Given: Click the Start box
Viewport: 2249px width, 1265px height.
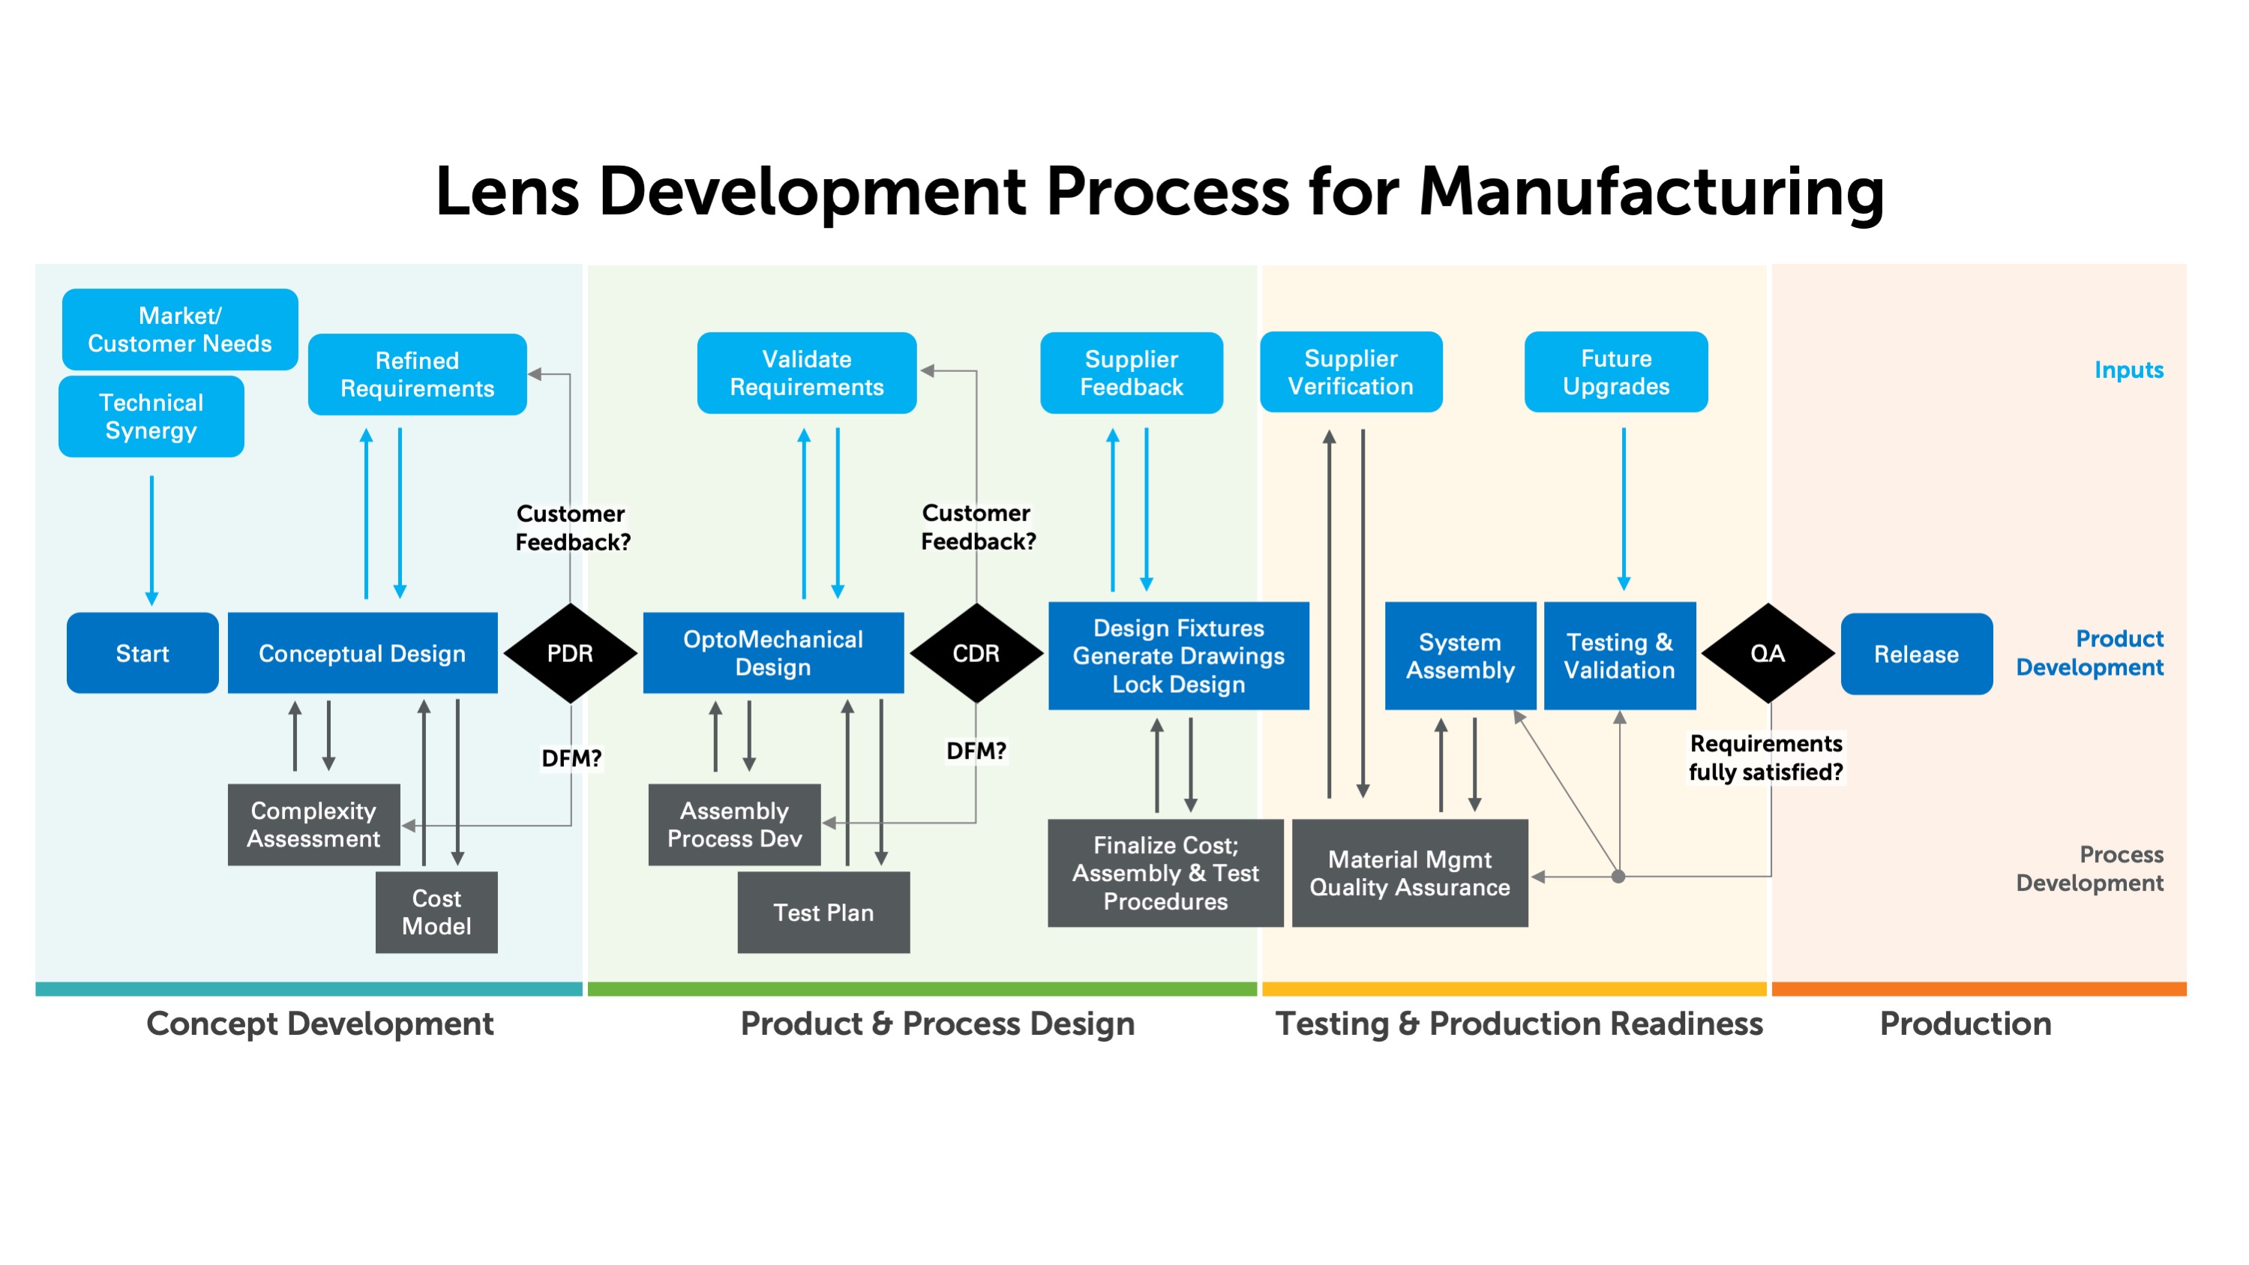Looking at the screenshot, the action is (142, 653).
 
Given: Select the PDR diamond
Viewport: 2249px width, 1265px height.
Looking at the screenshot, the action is (570, 653).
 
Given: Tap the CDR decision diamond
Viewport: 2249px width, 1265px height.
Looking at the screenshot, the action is (976, 653).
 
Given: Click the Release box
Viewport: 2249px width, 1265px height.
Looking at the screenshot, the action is (1916, 654).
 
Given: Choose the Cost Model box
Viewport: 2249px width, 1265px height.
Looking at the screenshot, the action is (436, 913).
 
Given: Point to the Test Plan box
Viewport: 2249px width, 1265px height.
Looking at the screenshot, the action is (823, 913).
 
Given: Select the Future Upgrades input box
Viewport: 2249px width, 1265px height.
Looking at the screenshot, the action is (1616, 372).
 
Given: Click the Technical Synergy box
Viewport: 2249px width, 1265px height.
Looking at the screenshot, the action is (151, 416).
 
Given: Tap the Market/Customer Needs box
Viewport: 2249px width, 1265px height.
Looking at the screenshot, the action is (180, 329).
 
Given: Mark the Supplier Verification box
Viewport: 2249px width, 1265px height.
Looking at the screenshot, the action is (1351, 372).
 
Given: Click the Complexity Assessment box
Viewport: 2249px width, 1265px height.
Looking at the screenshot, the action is (313, 825).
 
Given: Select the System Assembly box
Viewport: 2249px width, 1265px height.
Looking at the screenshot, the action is (1461, 655).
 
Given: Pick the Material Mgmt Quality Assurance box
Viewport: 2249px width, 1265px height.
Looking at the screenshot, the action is (1410, 873).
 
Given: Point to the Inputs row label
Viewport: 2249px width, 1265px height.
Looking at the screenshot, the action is (2128, 370).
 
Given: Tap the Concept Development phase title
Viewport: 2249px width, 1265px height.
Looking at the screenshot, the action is (319, 1024).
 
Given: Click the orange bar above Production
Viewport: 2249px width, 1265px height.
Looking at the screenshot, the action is (1979, 989).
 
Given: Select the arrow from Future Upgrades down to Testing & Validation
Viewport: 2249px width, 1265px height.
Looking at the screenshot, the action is (1624, 509).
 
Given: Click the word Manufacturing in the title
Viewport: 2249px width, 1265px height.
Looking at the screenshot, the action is (1651, 192).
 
